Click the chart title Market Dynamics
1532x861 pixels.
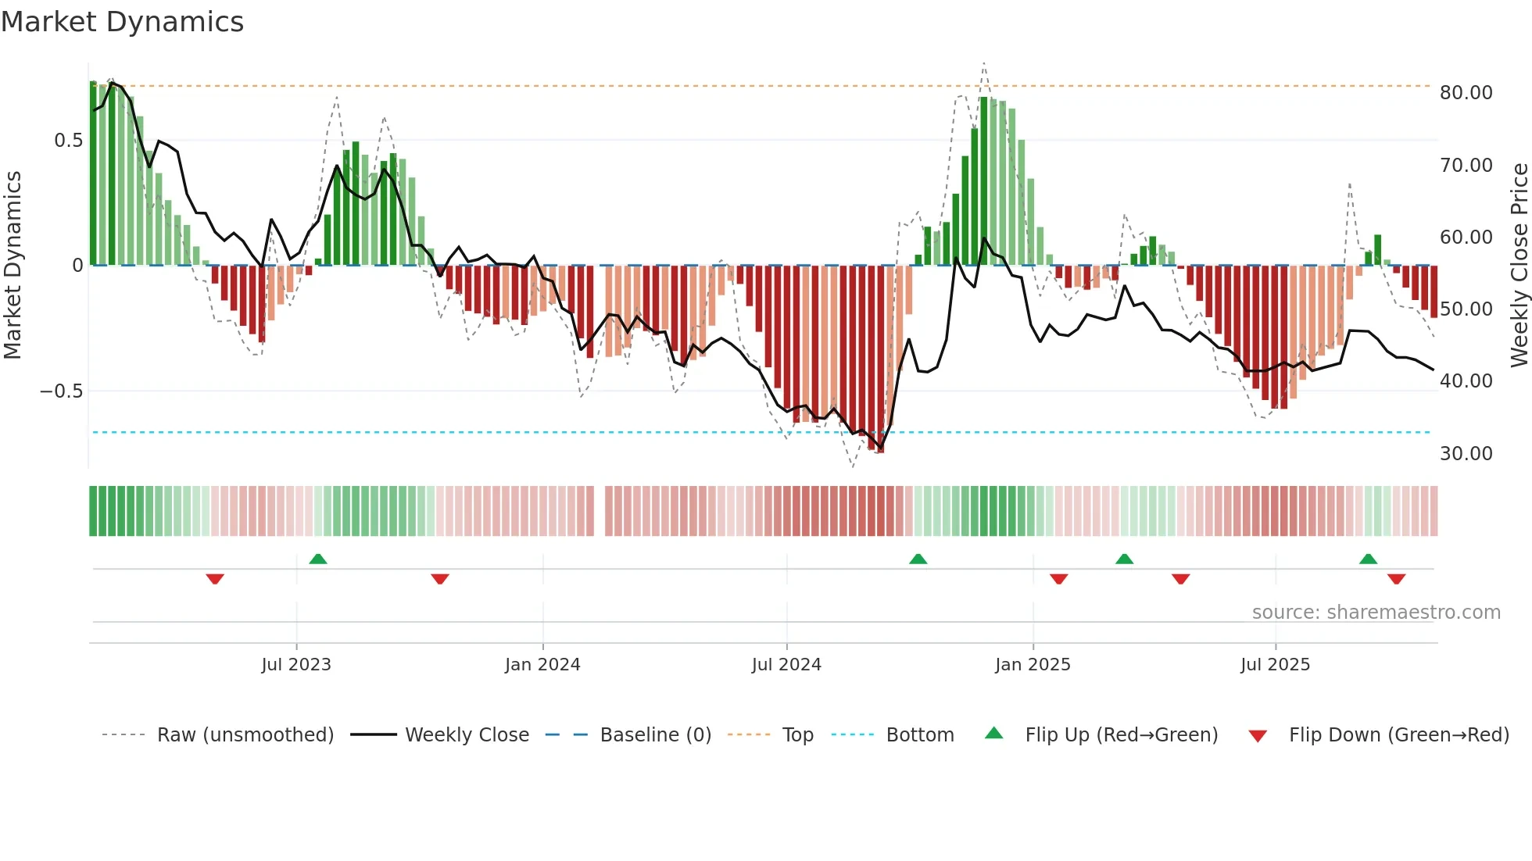tap(122, 22)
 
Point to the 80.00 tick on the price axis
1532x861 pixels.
tap(1466, 93)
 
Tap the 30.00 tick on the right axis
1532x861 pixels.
tap(1466, 454)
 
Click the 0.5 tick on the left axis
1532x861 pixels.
tap(68, 141)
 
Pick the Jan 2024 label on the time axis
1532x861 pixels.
tap(542, 665)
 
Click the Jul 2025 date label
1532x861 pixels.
tap(1275, 665)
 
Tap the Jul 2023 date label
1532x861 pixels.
tap(296, 665)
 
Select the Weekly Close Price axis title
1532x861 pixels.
tap(1519, 266)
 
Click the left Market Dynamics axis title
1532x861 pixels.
tap(13, 266)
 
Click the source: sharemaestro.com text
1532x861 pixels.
tap(1376, 613)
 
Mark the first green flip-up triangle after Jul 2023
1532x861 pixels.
tap(318, 559)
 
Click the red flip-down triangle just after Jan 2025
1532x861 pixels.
tap(1059, 579)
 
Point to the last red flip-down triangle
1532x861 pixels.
tap(1397, 579)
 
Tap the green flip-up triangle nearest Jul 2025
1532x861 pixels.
tap(1368, 559)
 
